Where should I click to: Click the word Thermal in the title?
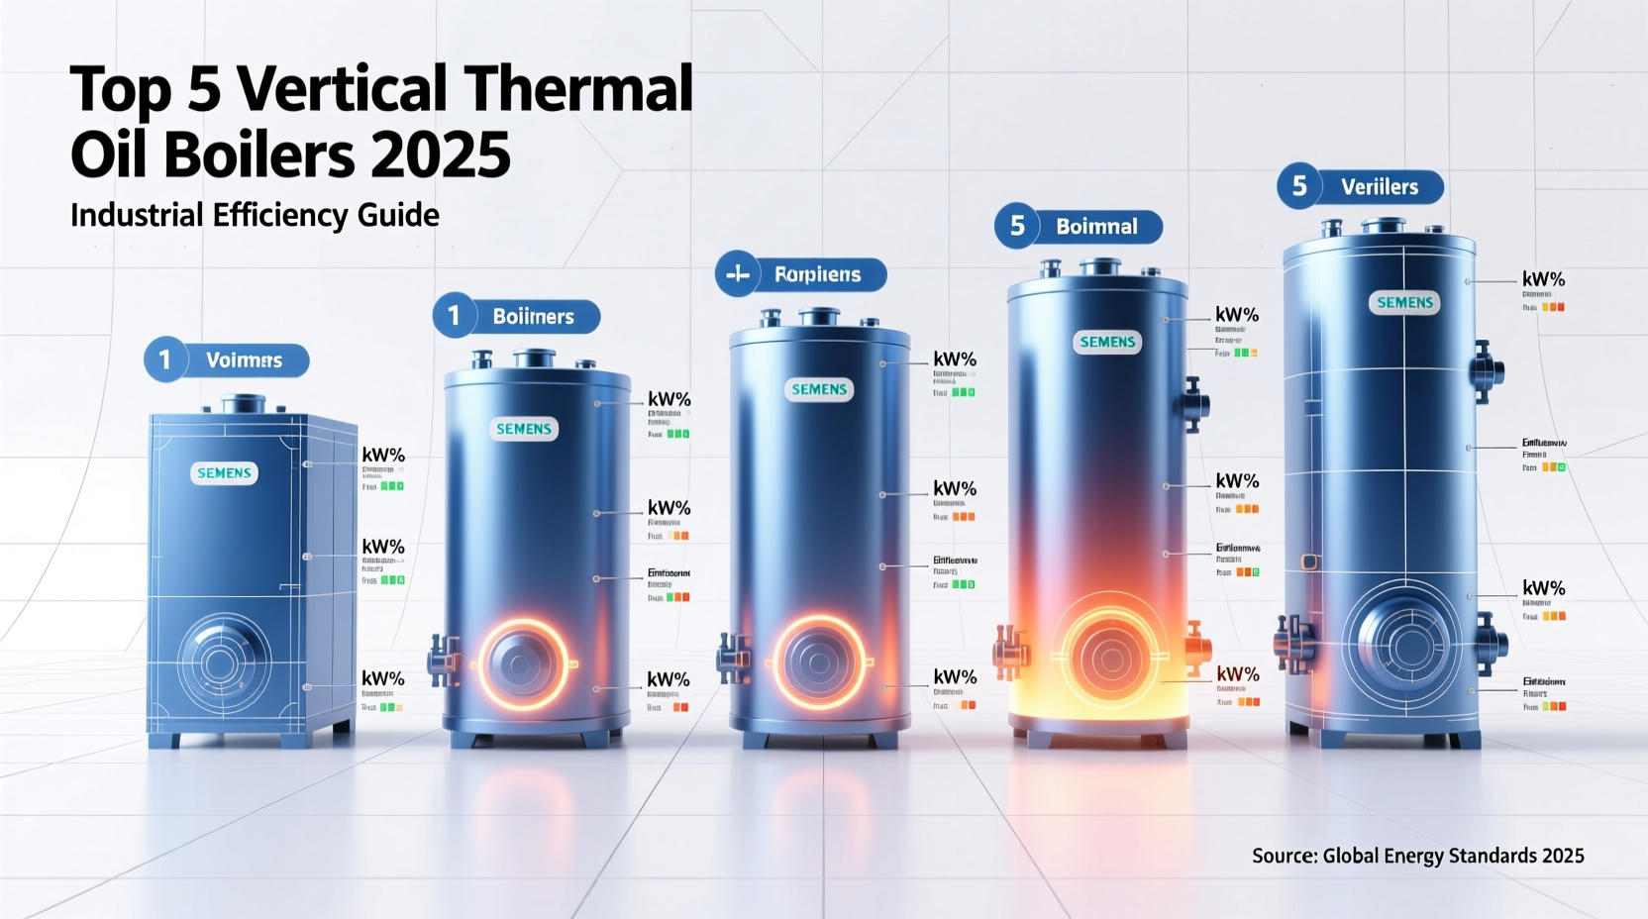[578, 89]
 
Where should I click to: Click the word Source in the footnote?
[1282, 856]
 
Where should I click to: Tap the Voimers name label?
[244, 360]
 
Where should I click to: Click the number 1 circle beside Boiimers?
[455, 316]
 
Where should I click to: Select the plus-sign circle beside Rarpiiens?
[738, 274]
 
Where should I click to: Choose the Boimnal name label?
[1096, 227]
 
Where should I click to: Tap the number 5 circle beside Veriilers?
[1299, 186]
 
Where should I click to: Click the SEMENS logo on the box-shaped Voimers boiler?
[224, 473]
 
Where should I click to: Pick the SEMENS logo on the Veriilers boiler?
[1404, 303]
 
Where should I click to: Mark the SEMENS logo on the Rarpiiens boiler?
[819, 390]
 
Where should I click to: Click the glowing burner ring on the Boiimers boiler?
[524, 664]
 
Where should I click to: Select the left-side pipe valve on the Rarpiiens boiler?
[732, 658]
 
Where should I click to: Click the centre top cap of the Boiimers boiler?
[535, 357]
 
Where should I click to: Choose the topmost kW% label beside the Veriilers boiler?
[1543, 280]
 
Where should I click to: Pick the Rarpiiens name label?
[817, 275]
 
